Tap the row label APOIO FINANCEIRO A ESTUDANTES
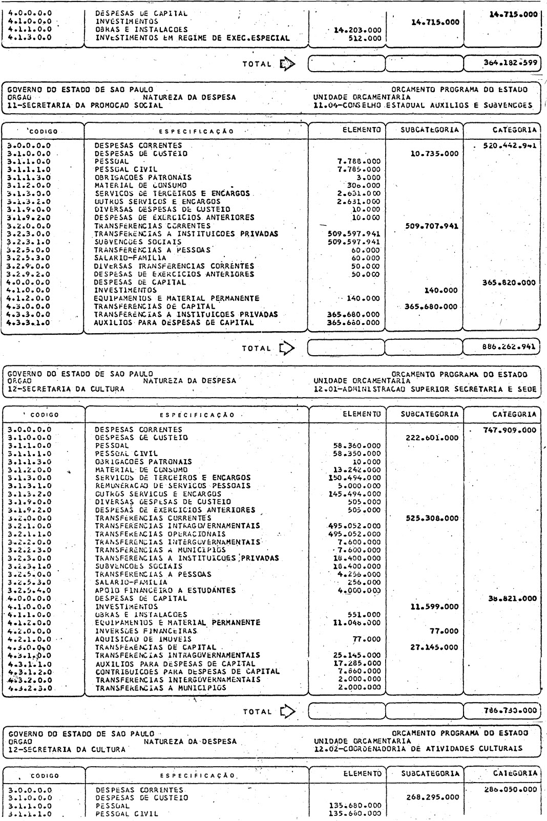tap(165, 590)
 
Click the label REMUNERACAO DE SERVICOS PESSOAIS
tap(173, 486)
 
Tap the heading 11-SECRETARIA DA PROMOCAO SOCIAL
tap(85, 105)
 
